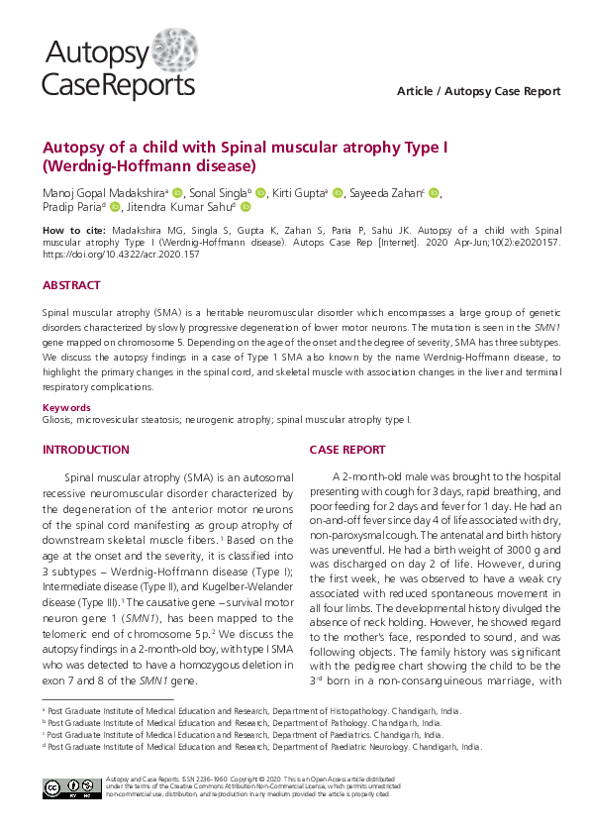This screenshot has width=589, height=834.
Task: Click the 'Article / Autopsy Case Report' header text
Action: coord(478,91)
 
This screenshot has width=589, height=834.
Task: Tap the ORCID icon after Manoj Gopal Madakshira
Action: coord(177,192)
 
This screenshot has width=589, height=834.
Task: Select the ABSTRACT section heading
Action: coord(71,285)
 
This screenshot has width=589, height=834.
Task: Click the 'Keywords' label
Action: coord(66,407)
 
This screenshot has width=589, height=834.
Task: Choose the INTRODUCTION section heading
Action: coord(85,450)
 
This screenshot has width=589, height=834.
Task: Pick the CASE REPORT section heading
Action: coord(347,450)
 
